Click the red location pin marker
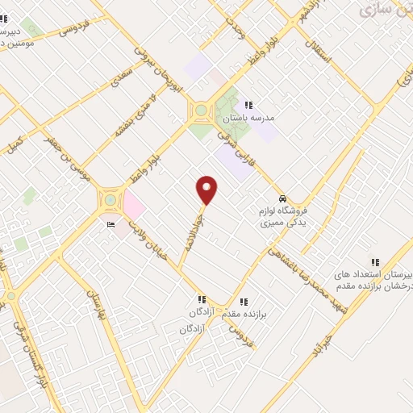[207, 190]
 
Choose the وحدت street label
[234, 31]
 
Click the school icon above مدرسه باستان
[249, 105]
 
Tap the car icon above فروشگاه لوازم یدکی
[282, 198]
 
